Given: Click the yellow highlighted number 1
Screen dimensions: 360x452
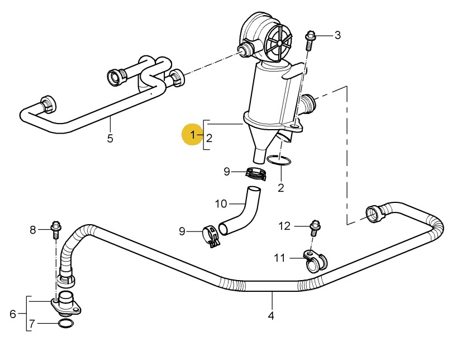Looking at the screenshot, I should pyautogui.click(x=193, y=135).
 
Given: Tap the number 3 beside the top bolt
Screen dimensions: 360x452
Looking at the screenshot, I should pyautogui.click(x=337, y=35).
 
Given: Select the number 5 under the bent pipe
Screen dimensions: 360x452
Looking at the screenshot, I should pyautogui.click(x=110, y=138).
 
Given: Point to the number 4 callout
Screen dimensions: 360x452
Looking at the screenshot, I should pyautogui.click(x=271, y=316).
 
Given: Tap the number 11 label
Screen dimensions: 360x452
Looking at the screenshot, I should pyautogui.click(x=279, y=258).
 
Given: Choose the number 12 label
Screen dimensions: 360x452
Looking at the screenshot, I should pyautogui.click(x=285, y=226).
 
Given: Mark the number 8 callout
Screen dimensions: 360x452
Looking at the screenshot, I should pyautogui.click(x=32, y=229).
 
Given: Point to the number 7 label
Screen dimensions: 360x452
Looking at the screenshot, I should pyautogui.click(x=32, y=324).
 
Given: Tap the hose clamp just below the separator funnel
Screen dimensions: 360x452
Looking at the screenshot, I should pyautogui.click(x=256, y=173).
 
